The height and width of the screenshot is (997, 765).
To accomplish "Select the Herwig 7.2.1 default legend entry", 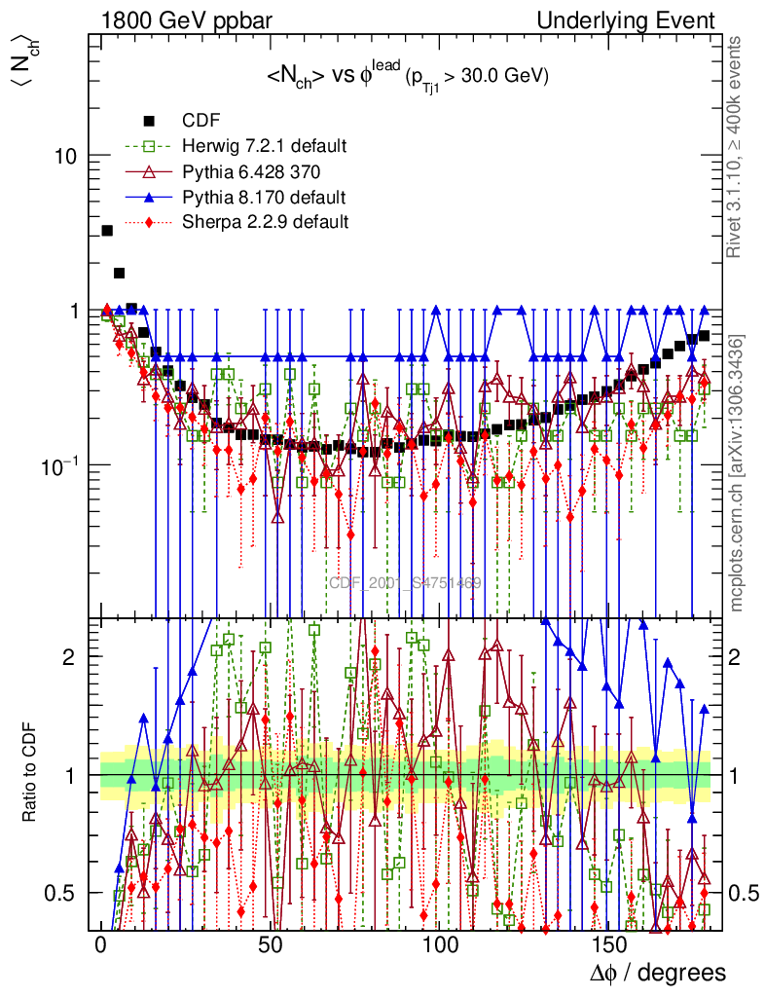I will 264,146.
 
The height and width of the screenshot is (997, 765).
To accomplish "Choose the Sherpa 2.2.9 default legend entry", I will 265,222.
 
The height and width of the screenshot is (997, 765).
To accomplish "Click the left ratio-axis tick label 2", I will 69,656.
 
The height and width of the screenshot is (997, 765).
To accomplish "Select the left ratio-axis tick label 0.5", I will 61,893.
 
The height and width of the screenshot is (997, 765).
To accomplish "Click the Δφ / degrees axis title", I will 658,973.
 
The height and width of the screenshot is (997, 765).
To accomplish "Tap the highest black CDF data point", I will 107,231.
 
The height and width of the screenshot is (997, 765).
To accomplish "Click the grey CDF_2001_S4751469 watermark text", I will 405,583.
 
